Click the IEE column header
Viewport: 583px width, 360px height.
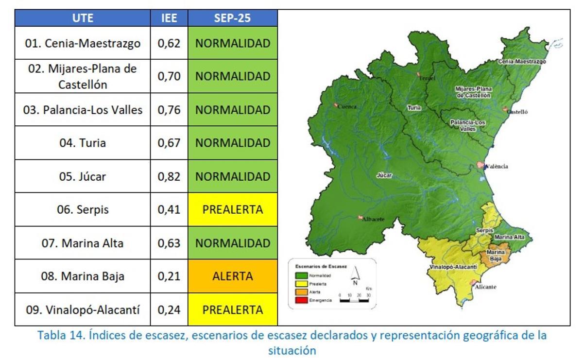(x=169, y=18)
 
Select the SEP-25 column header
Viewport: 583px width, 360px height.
(x=232, y=18)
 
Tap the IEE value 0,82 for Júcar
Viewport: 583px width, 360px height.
(x=169, y=176)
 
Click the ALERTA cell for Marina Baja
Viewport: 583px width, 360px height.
(x=232, y=276)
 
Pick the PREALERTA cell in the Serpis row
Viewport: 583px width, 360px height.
(x=232, y=210)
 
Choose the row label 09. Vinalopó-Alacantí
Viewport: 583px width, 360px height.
(x=83, y=310)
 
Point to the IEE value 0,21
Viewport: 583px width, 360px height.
(x=169, y=276)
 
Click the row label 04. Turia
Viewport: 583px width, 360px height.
(x=83, y=143)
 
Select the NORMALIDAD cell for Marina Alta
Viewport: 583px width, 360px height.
(x=232, y=243)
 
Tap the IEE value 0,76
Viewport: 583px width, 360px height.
(x=169, y=110)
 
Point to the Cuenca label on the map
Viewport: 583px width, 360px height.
(x=347, y=106)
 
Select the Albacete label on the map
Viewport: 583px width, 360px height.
(x=373, y=219)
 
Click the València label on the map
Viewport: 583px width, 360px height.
(x=496, y=167)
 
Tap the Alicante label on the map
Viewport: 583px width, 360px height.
(x=485, y=287)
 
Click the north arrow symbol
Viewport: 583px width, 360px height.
(x=355, y=275)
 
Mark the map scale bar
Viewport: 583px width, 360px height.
(x=354, y=301)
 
